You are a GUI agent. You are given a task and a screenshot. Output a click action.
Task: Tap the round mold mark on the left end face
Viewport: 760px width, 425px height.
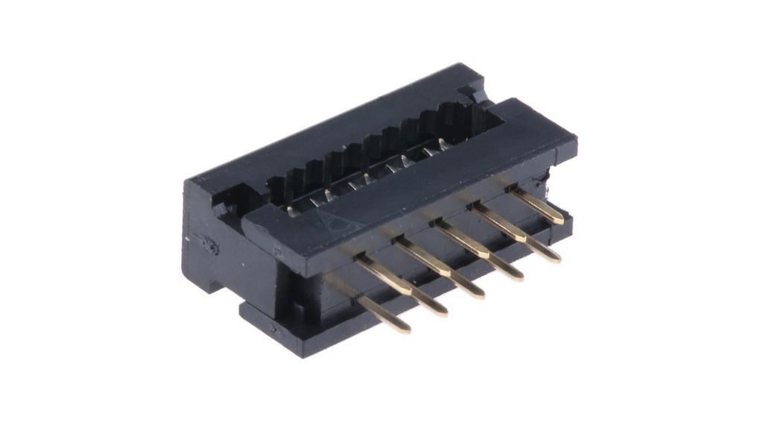click(208, 245)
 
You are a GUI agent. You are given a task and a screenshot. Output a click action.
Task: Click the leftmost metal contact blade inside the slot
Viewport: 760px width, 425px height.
click(291, 210)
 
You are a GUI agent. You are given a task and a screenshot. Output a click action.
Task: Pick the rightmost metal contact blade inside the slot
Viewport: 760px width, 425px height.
click(443, 142)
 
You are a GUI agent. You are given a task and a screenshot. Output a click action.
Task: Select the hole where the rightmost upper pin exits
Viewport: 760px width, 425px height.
click(513, 191)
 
